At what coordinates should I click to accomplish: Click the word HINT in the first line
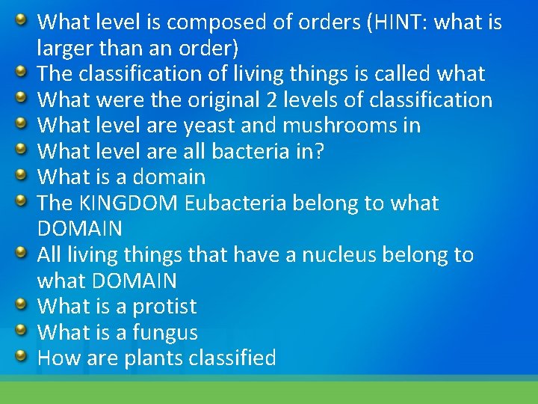click(401, 22)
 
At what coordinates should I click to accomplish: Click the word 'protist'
click(164, 307)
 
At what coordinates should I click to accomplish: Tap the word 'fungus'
click(165, 333)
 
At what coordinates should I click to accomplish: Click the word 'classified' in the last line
click(232, 358)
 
